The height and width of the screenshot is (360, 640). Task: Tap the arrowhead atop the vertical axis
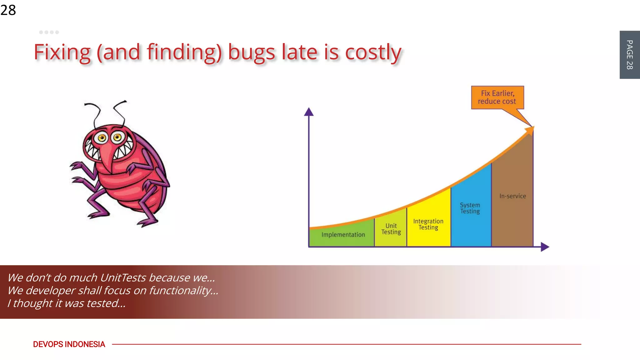(x=309, y=112)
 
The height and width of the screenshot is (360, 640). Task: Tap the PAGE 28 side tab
(x=629, y=55)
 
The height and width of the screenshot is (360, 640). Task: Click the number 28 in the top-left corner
(x=8, y=10)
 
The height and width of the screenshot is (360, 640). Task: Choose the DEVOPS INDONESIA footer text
(x=69, y=344)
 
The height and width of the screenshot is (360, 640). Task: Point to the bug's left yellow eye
(x=102, y=138)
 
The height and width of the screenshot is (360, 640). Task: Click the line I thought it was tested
(x=66, y=303)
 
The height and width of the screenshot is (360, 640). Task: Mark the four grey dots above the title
(x=49, y=32)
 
